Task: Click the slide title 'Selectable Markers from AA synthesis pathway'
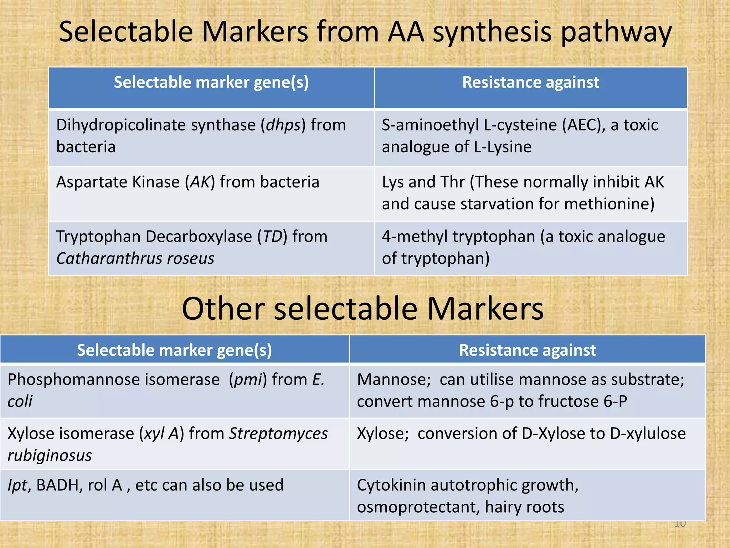[x=365, y=32]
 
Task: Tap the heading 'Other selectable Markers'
[x=363, y=309]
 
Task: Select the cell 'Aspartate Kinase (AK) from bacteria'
[x=188, y=182]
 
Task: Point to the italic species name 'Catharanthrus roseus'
[x=135, y=259]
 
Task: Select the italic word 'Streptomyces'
[x=278, y=434]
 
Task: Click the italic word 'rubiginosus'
[x=50, y=456]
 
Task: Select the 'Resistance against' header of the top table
[x=530, y=83]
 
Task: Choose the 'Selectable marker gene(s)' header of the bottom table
[x=174, y=350]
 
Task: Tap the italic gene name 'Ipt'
[x=17, y=486]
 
